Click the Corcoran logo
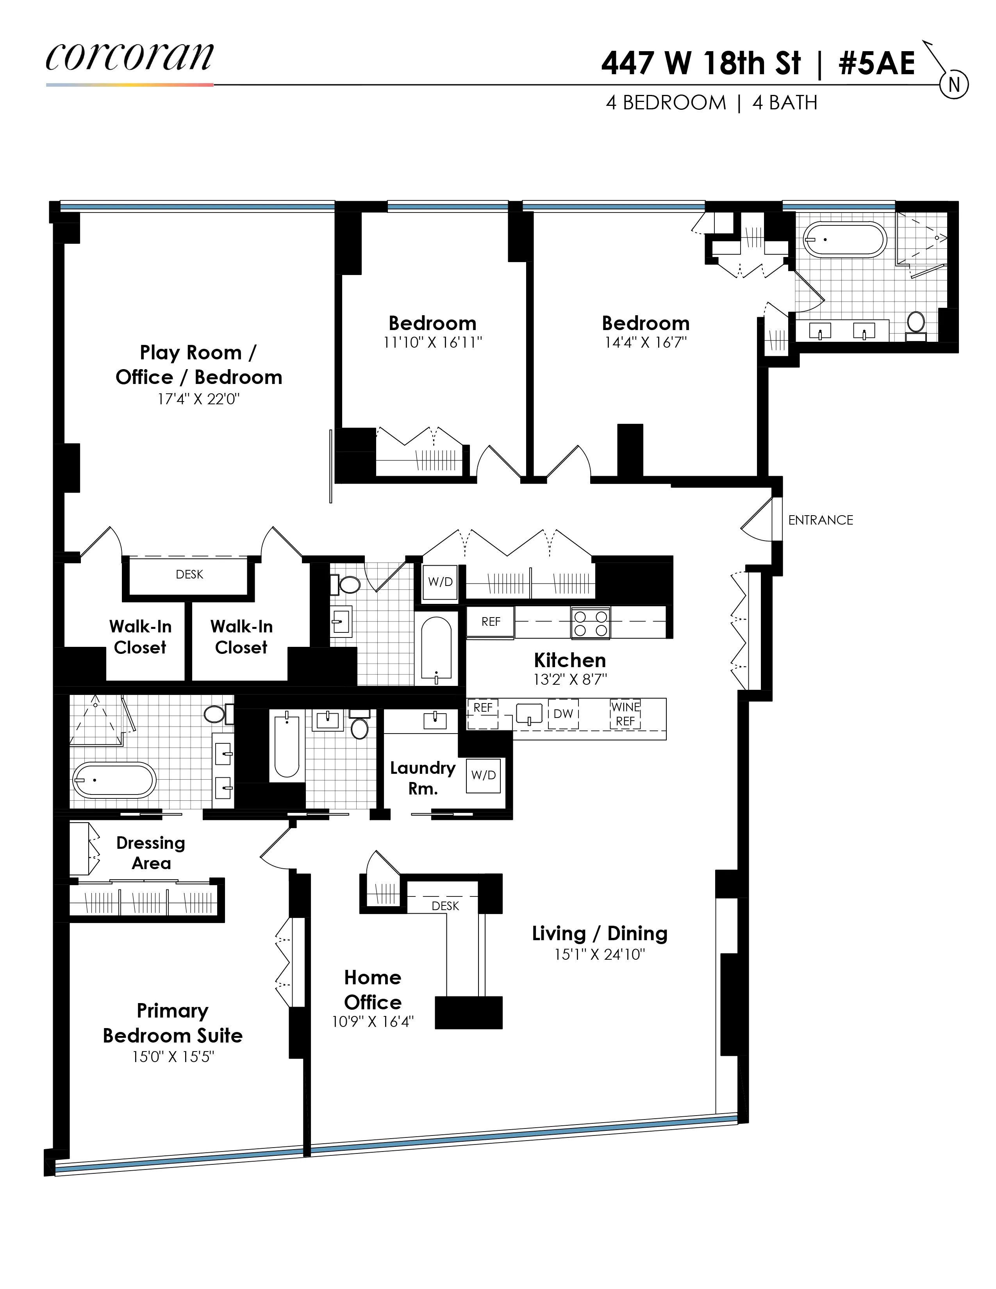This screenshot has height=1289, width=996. click(x=129, y=58)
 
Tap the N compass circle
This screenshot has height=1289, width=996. click(x=954, y=85)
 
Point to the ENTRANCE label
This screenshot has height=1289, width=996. click(x=820, y=520)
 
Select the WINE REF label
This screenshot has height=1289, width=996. click(x=625, y=714)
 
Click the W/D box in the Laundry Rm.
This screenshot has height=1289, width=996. click(x=483, y=775)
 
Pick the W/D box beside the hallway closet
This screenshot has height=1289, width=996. click(x=440, y=582)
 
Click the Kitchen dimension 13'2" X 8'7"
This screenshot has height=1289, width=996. click(x=569, y=679)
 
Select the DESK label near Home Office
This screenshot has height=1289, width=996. click(x=445, y=905)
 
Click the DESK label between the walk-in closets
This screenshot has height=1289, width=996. click(x=189, y=574)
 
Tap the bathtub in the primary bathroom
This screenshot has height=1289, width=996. click(x=114, y=780)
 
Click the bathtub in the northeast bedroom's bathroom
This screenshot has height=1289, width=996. click(x=845, y=239)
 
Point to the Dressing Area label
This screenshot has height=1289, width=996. click(x=151, y=852)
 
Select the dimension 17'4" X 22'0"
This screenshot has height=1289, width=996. click(x=198, y=399)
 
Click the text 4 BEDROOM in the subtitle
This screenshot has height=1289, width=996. click(x=666, y=103)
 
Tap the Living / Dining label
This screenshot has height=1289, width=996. click(x=600, y=933)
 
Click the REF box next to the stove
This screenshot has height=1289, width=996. click(x=490, y=621)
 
